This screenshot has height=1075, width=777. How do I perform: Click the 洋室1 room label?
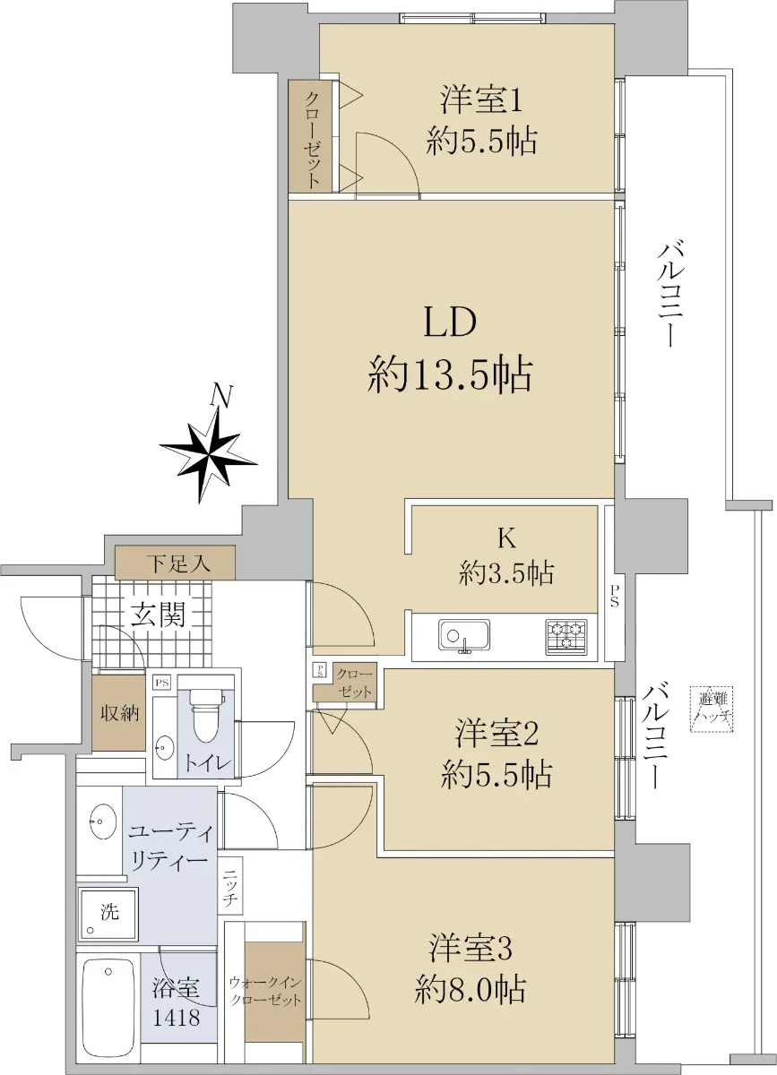pyautogui.click(x=480, y=100)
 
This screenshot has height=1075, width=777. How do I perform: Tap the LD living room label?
pyautogui.click(x=450, y=322)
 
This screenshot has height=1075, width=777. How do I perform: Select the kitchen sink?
pyautogui.click(x=464, y=637)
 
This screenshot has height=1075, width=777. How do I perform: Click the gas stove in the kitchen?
pyautogui.click(x=566, y=637)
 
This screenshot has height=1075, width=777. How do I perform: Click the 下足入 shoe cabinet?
pyautogui.click(x=175, y=563)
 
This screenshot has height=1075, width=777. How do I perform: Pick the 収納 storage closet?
pyautogui.click(x=119, y=713)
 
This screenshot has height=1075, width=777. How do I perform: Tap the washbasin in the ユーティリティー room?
pyautogui.click(x=103, y=821)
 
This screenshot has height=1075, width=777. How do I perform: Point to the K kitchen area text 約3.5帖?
pyautogui.click(x=506, y=573)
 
